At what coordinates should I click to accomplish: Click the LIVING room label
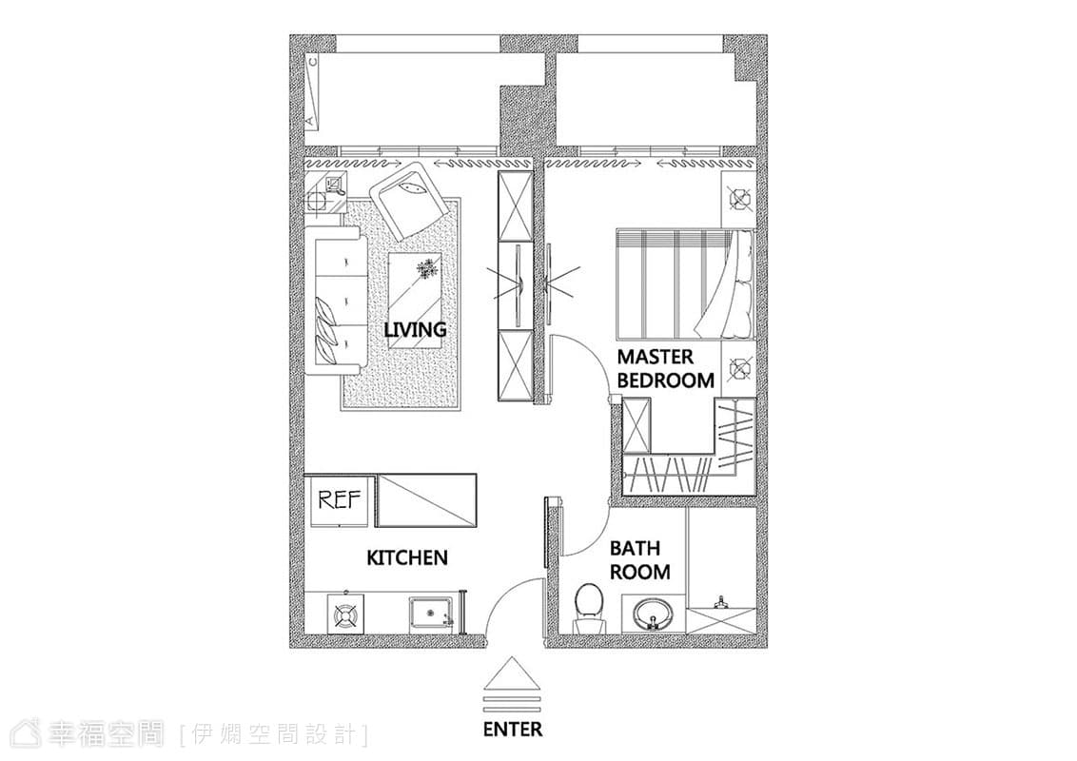pos(415,330)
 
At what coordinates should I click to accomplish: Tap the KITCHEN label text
pos(407,557)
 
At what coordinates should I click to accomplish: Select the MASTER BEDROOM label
pos(666,368)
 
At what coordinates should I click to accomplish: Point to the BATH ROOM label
pos(639,559)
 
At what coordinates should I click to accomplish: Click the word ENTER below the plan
pos(513,729)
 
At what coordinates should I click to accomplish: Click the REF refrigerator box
pos(340,499)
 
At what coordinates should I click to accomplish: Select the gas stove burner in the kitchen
pos(347,615)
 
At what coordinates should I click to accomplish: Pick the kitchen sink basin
pos(430,614)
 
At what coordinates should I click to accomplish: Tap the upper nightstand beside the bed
pos(738,199)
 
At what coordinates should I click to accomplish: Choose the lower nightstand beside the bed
pos(738,368)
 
